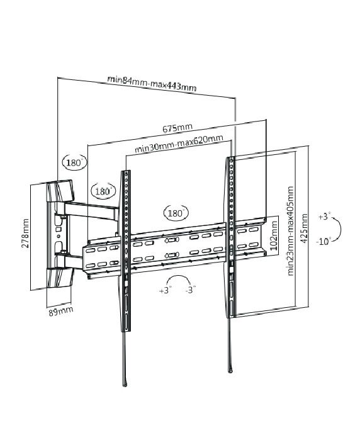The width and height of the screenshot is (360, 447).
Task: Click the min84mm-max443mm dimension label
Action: tap(152, 83)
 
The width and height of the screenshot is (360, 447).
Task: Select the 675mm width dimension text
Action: tap(177, 128)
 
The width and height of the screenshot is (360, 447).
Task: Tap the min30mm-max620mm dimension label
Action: tap(179, 144)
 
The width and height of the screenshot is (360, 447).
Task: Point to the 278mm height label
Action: tap(25, 233)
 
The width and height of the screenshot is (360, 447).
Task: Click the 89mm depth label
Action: tap(60, 311)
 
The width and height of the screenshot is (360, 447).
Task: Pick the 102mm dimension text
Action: tap(273, 235)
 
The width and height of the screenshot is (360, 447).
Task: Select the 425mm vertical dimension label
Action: tap(304, 229)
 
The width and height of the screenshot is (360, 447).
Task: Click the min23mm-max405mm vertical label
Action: tap(290, 231)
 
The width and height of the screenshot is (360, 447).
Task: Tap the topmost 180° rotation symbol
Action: tap(74, 162)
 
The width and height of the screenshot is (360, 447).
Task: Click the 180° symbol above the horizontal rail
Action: tap(176, 213)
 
